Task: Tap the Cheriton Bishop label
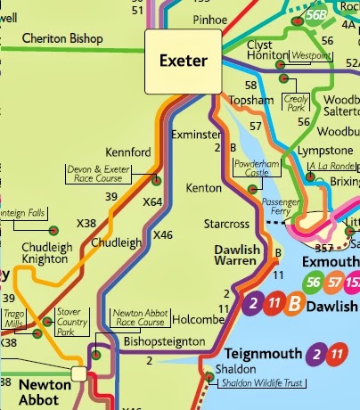pos(62,39)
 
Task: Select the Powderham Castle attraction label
pos(258,169)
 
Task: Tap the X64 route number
pos(152,202)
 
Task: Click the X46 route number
pos(162,234)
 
